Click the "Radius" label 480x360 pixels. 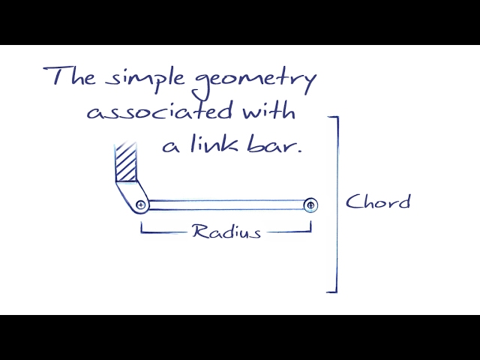[226, 231]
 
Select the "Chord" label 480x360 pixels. [378, 202]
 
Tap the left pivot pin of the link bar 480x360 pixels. [141, 205]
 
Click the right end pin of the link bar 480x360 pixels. [310, 205]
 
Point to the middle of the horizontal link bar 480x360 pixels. [225, 205]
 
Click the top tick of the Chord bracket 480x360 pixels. [333, 117]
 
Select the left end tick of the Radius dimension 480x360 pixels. [142, 227]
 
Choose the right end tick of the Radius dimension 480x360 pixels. [310, 227]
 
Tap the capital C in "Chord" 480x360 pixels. [352, 202]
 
